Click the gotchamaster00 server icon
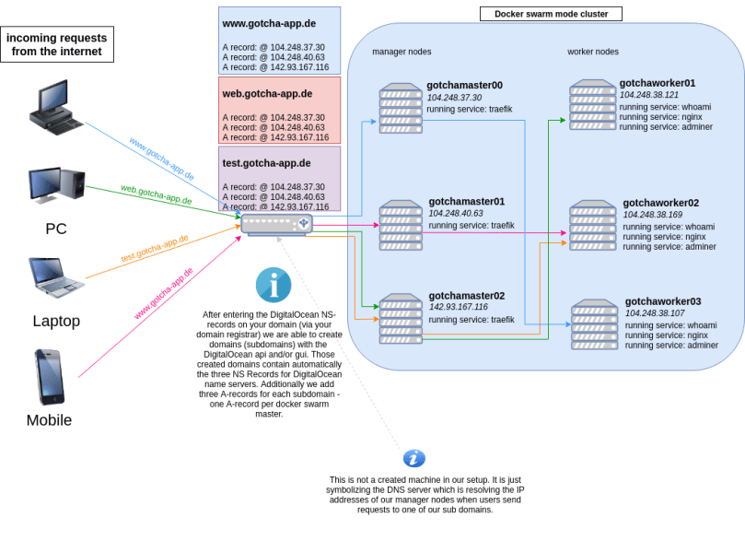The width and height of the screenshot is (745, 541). tap(401, 108)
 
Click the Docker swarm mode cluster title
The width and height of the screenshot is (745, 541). tap(551, 14)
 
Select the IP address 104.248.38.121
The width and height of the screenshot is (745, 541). tap(649, 95)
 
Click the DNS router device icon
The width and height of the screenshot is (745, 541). tap(276, 224)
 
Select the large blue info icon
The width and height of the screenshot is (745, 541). tap(274, 285)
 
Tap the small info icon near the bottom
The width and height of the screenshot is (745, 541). tap(414, 458)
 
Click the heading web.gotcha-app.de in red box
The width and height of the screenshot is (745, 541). tap(267, 94)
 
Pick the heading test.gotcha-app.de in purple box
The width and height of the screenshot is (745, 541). tap(266, 163)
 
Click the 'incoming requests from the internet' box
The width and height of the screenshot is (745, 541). tap(57, 44)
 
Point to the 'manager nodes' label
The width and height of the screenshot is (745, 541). tap(402, 52)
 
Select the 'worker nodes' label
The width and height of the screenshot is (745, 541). tap(593, 52)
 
